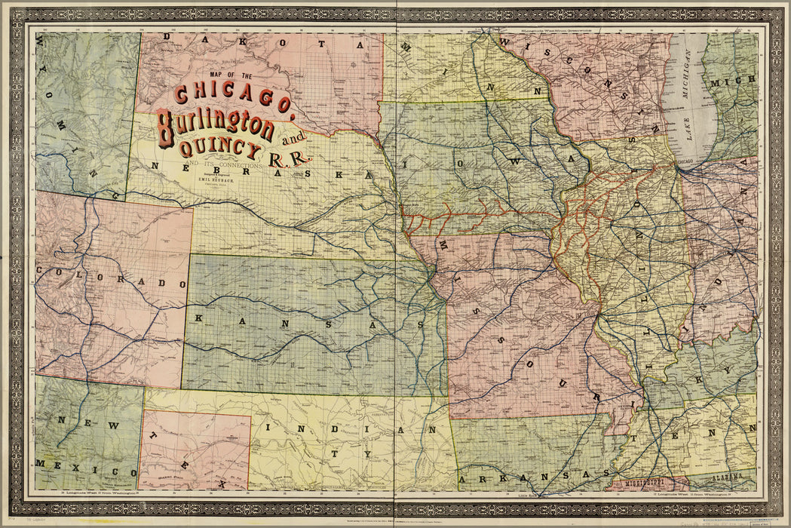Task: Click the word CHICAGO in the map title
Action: [x=234, y=98]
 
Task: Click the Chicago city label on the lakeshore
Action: [x=686, y=162]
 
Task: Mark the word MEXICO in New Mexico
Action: [x=63, y=462]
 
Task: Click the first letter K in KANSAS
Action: [x=198, y=318]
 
